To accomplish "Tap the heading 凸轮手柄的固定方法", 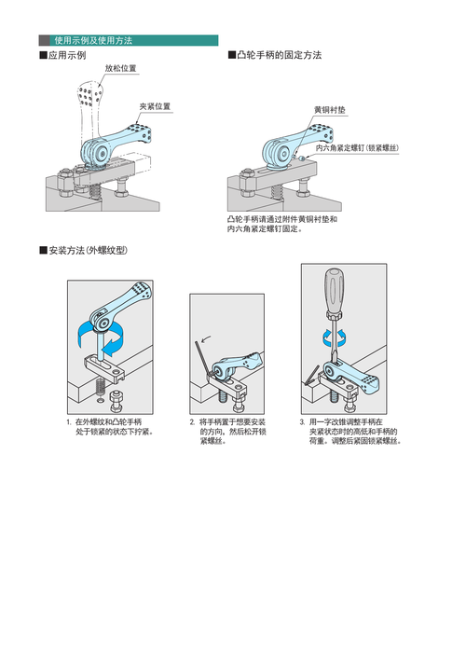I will click(275, 56).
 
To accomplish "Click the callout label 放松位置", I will click(120, 69).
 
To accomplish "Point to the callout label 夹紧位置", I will click(155, 106).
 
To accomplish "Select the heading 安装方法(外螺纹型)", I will click(83, 252).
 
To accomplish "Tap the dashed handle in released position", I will click(89, 103).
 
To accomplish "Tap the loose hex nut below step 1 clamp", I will click(116, 403).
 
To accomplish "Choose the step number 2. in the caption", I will click(193, 422).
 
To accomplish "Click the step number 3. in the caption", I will click(303, 422).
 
